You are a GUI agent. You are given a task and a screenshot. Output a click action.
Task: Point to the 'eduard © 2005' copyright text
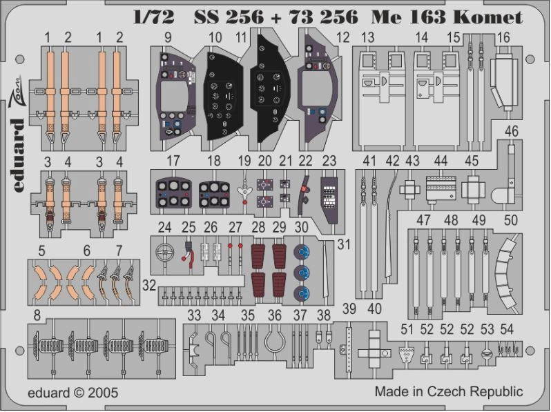click(74, 393)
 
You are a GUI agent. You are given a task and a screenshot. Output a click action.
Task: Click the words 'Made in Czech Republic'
click(449, 391)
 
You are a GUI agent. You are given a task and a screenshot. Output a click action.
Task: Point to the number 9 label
click(168, 37)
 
